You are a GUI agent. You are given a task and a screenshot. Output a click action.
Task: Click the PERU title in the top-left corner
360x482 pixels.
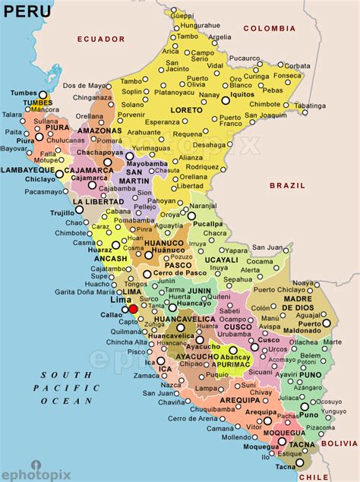(28, 11)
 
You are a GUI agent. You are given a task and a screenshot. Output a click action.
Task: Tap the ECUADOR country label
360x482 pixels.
(100, 38)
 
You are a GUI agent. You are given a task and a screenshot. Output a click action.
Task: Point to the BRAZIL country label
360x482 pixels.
(286, 184)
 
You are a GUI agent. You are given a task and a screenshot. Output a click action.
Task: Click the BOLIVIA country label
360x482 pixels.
(339, 442)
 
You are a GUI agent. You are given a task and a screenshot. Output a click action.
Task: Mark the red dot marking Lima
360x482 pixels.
(133, 309)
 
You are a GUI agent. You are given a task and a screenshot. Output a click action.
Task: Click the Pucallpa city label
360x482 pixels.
(207, 225)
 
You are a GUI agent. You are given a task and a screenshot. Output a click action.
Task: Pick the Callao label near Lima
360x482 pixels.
(111, 313)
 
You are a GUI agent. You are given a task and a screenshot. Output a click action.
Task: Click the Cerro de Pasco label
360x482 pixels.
(175, 273)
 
